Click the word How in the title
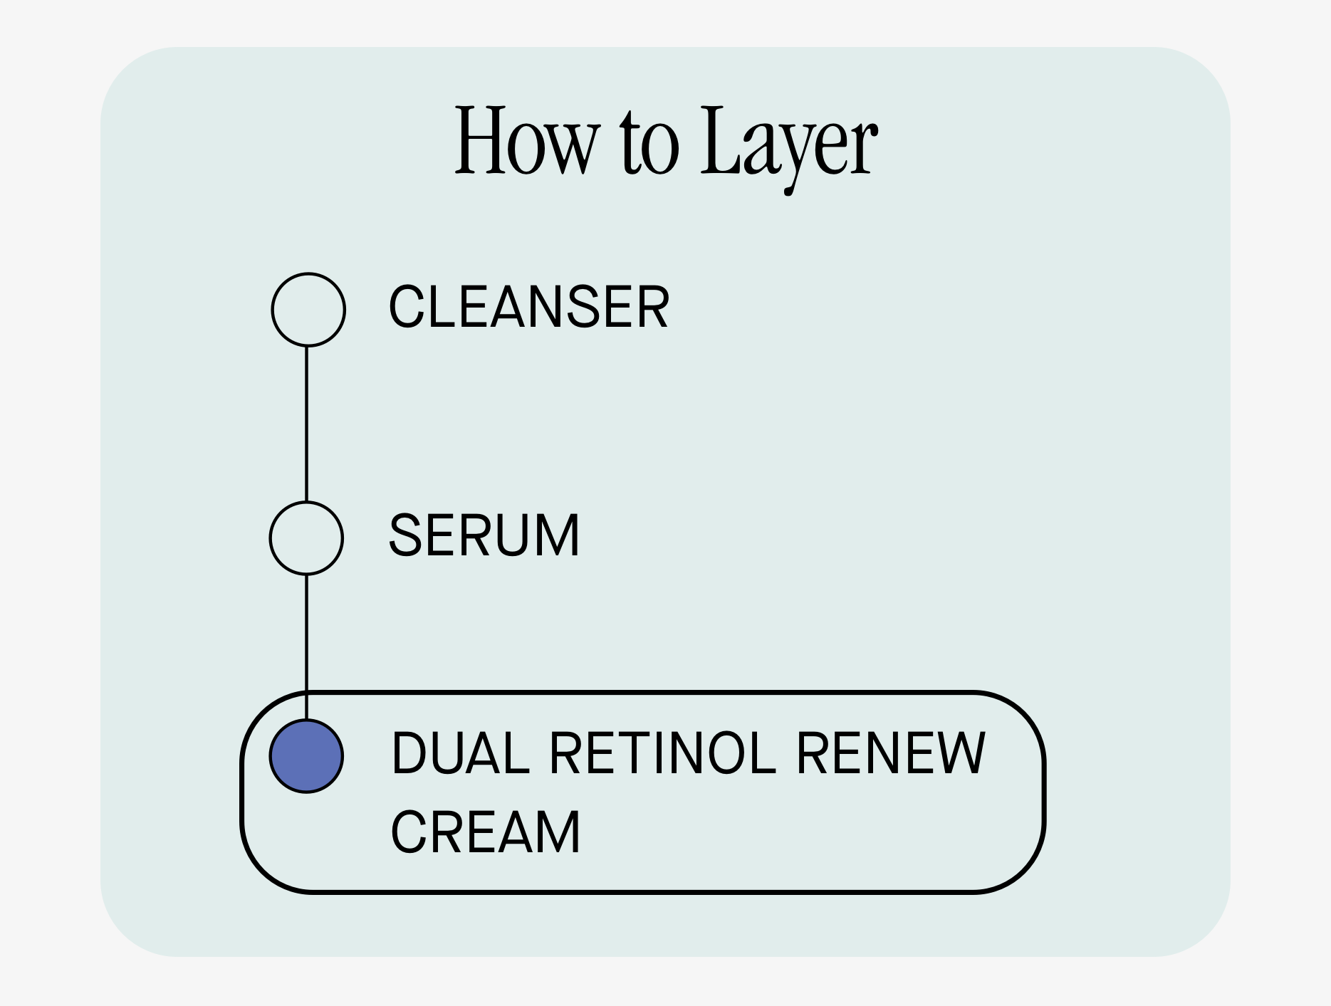click(524, 141)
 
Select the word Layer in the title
click(788, 142)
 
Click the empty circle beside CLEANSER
click(308, 310)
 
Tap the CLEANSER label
click(528, 307)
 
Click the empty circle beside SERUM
click(306, 538)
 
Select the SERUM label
click(484, 535)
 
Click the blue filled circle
click(306, 756)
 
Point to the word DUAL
click(460, 753)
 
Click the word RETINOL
click(662, 753)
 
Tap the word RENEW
click(890, 753)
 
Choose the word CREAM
click(486, 832)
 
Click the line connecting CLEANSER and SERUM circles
click(306, 424)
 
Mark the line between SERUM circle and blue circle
click(306, 634)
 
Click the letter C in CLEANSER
click(406, 307)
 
